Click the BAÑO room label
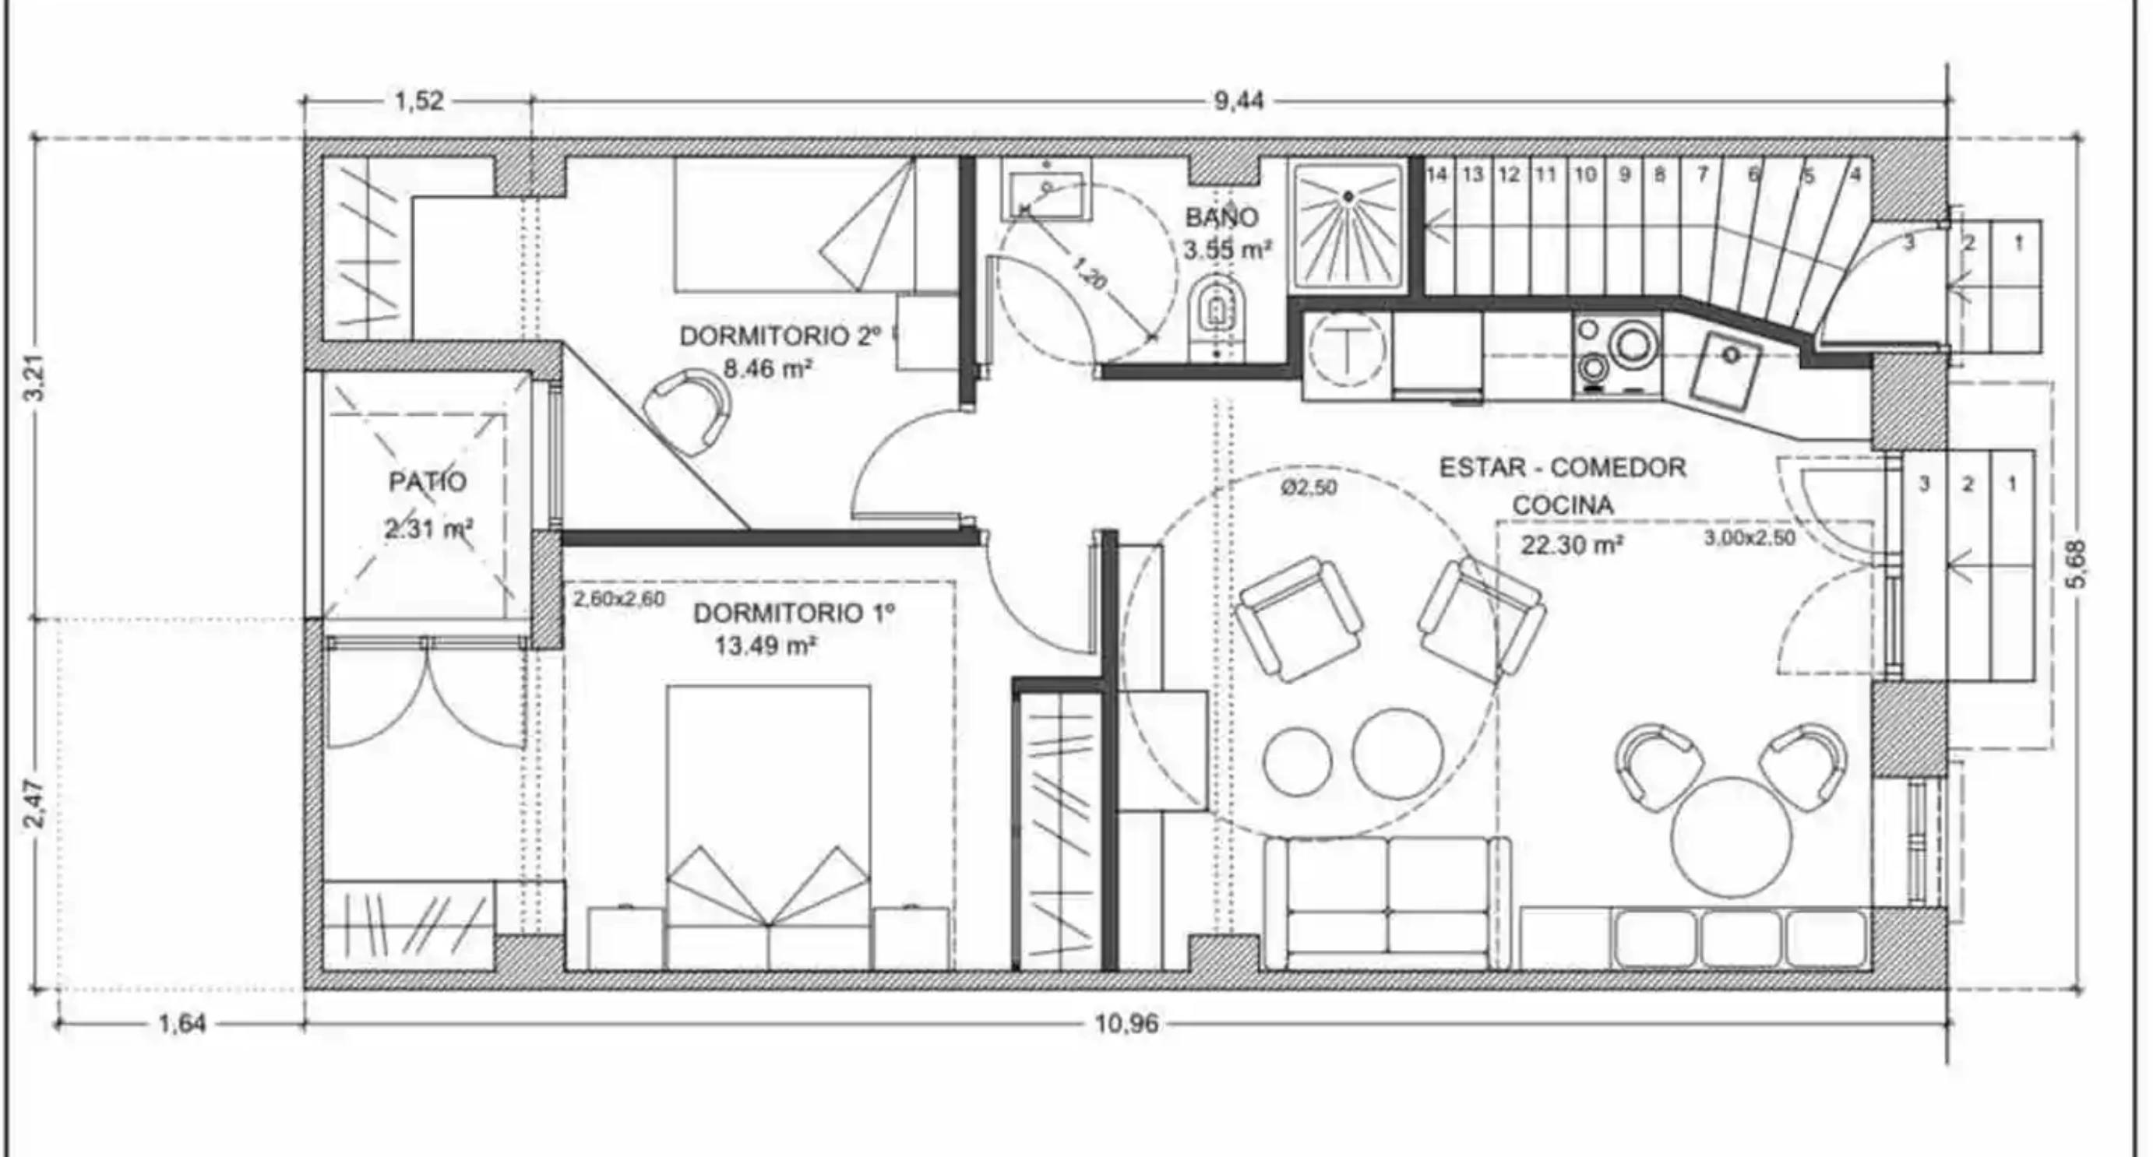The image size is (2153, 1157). click(1221, 217)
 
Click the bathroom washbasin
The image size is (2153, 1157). click(1046, 195)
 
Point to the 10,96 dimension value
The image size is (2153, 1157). click(1126, 1023)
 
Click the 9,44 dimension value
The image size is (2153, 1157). click(1239, 101)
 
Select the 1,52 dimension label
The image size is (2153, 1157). click(419, 101)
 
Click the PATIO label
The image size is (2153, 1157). click(427, 482)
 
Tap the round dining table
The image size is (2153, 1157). click(1732, 838)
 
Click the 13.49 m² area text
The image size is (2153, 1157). click(766, 645)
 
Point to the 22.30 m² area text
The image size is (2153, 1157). click(1572, 546)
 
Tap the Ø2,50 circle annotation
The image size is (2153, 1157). click(1309, 487)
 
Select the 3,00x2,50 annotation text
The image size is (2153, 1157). click(1750, 538)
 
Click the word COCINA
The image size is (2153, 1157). click(1562, 505)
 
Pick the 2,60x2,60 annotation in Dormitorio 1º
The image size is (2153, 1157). click(619, 599)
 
